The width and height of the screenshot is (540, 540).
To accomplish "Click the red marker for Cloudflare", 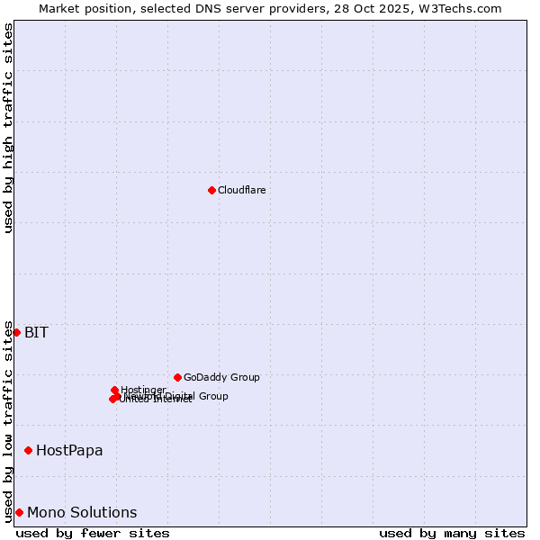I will [x=211, y=190].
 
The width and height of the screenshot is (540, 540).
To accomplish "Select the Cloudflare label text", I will [x=241, y=190].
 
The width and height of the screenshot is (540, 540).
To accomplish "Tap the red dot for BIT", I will [x=16, y=332].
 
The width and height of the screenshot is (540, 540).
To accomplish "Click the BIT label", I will [x=36, y=332].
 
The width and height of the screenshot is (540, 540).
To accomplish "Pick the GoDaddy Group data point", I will [x=177, y=377].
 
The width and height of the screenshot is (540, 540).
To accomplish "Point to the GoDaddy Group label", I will [x=221, y=377].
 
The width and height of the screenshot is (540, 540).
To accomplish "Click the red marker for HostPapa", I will [x=29, y=450].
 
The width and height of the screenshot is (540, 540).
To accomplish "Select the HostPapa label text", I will [x=69, y=450].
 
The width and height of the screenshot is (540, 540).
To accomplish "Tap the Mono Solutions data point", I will [x=19, y=512].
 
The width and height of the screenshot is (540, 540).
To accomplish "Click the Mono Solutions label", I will [x=82, y=512].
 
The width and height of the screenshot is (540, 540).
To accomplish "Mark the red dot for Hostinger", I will [x=115, y=390].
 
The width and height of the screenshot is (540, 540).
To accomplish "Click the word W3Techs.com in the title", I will [x=464, y=8].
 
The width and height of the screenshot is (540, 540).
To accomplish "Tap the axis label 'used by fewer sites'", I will [x=93, y=533].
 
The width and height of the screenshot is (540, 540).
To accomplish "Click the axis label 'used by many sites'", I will [x=452, y=533].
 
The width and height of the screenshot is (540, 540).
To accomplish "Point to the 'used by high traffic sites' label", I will [x=8, y=129].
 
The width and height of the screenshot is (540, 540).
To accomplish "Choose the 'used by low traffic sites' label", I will [x=8, y=421].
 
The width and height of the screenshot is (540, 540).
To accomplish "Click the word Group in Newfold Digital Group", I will [x=212, y=396].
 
